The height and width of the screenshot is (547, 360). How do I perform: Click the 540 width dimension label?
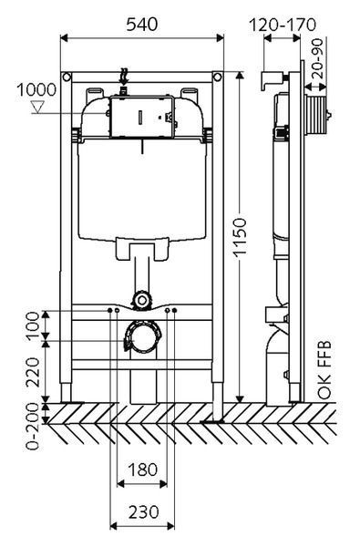pyautogui.click(x=141, y=25)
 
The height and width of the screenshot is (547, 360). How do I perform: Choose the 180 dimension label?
pyautogui.click(x=141, y=470)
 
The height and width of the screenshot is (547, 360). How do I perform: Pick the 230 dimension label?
pyautogui.click(x=141, y=512)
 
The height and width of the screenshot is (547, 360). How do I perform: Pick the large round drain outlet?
pyautogui.click(x=140, y=339)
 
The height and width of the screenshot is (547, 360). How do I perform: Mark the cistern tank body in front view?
pyautogui.click(x=141, y=191)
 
